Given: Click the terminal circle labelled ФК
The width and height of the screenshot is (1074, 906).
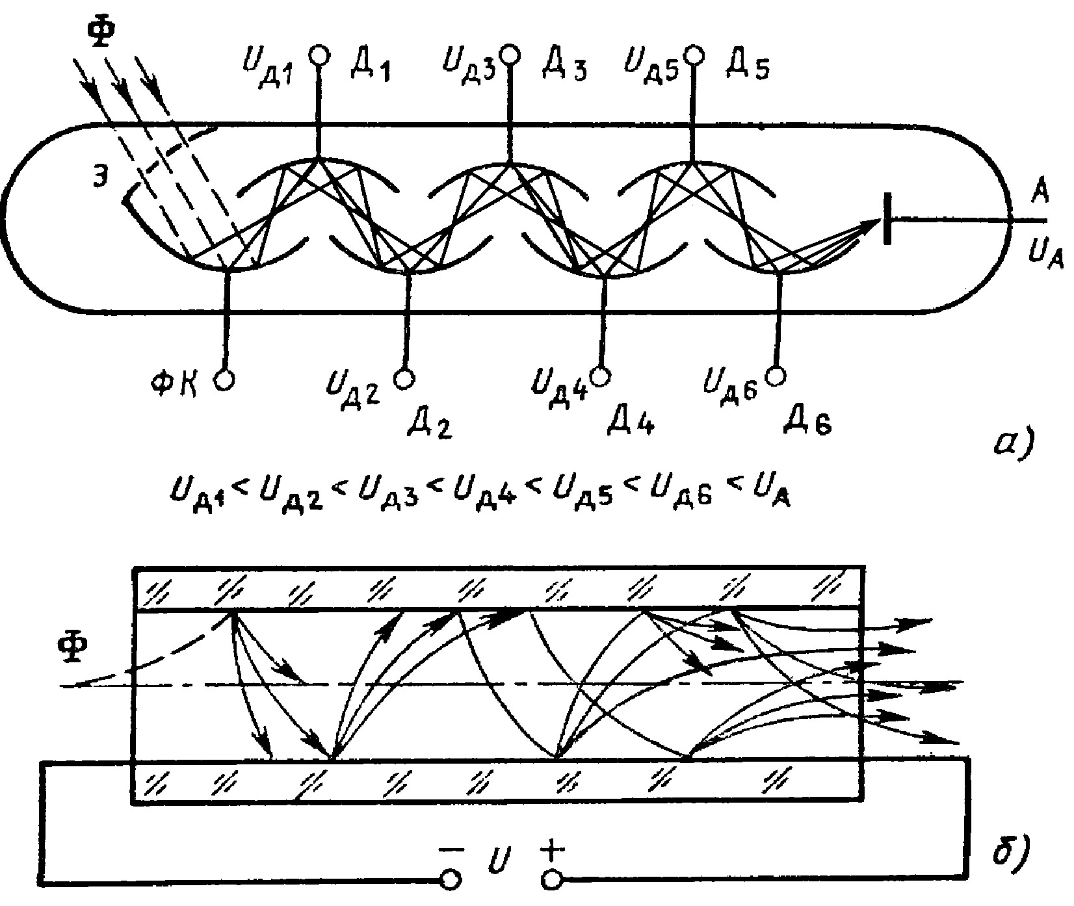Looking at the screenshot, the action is (224, 380).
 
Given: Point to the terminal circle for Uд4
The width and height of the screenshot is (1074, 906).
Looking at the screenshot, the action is (600, 375).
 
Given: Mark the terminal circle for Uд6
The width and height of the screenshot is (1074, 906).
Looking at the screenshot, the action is (775, 376).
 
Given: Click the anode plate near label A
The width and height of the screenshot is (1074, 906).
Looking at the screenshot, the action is (887, 220).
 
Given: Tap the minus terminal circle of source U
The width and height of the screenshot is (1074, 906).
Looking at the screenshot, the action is (451, 880).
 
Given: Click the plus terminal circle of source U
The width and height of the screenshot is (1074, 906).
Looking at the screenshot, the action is (552, 880).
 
